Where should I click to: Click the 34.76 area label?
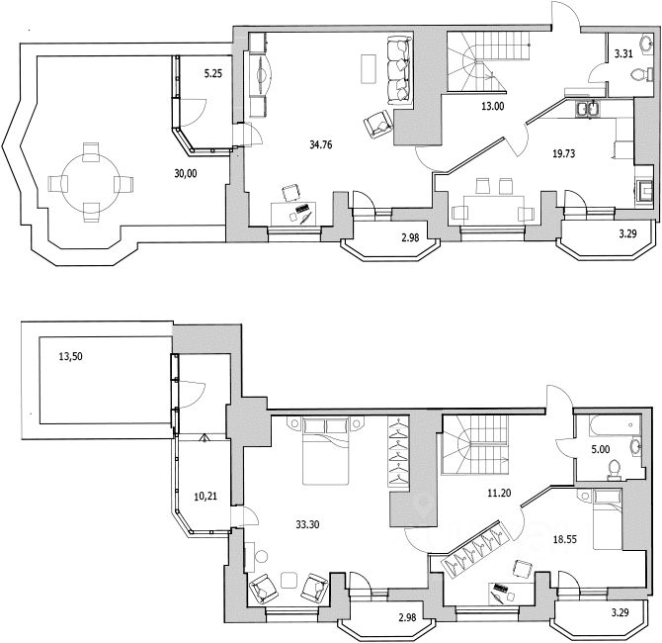(x=321, y=145)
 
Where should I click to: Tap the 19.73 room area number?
(x=563, y=153)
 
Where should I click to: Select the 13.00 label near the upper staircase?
(x=493, y=107)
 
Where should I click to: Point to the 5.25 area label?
(x=213, y=74)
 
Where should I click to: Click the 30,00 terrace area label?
(x=186, y=173)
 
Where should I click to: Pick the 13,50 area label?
(x=70, y=357)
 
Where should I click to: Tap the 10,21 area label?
(x=206, y=497)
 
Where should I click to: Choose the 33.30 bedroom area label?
(x=307, y=524)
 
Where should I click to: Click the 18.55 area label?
(x=565, y=540)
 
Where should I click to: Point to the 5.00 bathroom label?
(x=601, y=449)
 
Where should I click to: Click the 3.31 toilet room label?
(x=623, y=53)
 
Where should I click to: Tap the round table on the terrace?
(x=91, y=182)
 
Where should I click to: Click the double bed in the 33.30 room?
(x=326, y=451)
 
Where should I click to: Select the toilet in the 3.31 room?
(x=638, y=75)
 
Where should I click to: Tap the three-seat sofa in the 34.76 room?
(x=399, y=70)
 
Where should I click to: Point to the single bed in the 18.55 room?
(x=607, y=519)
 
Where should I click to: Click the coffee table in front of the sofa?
(x=369, y=69)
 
